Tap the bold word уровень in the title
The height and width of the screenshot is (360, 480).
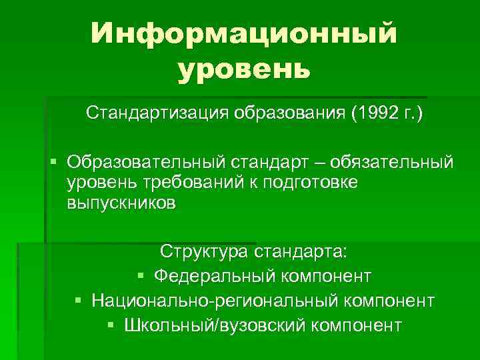point(244,69)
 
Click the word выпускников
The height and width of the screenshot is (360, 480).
point(121,203)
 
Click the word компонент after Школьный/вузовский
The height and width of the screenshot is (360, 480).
point(353,325)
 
